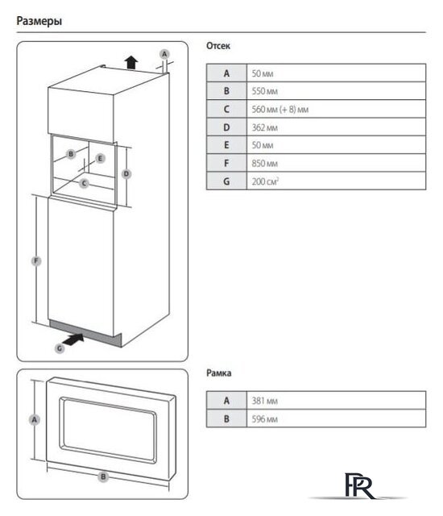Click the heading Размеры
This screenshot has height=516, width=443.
point(39,22)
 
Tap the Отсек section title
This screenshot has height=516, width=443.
point(218,46)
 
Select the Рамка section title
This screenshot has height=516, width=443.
point(218,372)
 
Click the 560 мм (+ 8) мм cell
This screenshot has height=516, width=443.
point(280,109)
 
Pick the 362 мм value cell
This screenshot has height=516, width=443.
point(264,127)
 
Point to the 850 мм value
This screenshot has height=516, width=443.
point(264,163)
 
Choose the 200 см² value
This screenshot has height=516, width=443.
point(265,181)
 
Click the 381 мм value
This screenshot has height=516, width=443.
point(264,401)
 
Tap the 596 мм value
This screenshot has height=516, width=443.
point(264,418)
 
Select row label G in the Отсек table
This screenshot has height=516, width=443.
point(226,181)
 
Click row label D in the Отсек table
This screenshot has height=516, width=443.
point(226,127)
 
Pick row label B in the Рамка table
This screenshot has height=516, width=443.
point(226,419)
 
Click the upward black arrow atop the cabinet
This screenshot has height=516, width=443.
point(131,62)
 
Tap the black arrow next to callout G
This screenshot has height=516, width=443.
point(73,339)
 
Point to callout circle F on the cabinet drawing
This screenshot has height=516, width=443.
point(36,261)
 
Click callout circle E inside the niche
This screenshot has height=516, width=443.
point(100,158)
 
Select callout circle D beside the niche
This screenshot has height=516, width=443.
point(126,174)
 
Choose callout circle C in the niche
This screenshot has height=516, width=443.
point(84,183)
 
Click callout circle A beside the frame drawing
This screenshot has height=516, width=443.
point(34,419)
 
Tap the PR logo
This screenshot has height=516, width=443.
point(359,486)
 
